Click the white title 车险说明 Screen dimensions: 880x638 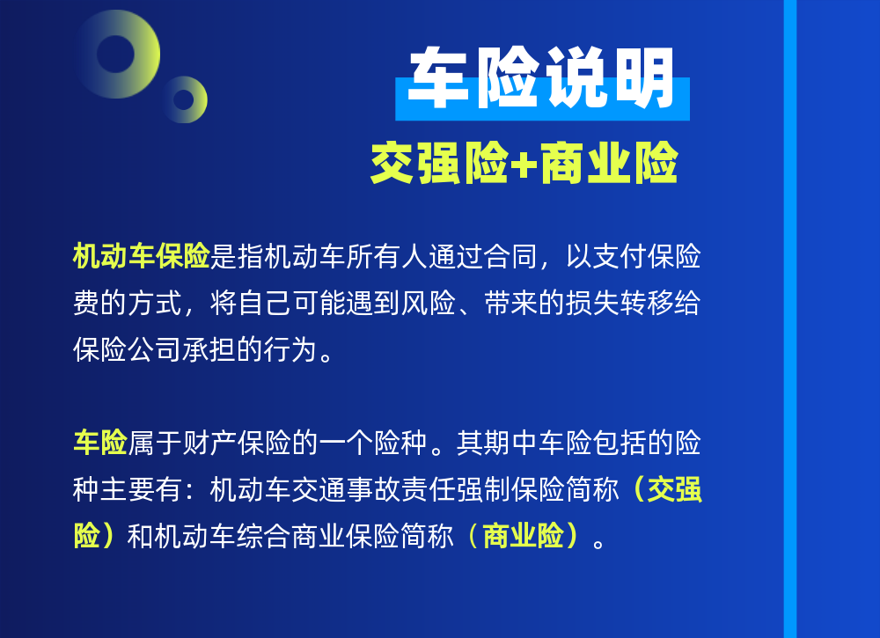pyautogui.click(x=542, y=77)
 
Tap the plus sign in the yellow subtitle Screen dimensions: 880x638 pyautogui.click(x=524, y=165)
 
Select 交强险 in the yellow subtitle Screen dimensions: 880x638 pyautogui.click(x=440, y=163)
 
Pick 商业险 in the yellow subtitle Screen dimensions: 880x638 pyautogui.click(x=608, y=163)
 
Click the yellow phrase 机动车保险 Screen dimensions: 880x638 pyautogui.click(x=142, y=256)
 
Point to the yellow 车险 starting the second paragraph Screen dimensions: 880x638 pyautogui.click(x=100, y=443)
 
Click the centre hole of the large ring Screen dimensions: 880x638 pyautogui.click(x=115, y=54)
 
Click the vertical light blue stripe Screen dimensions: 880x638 pyautogui.click(x=790, y=319)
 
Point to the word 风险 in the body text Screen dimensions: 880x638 pyautogui.click(x=429, y=303)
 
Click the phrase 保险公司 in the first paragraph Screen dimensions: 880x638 pyautogui.click(x=128, y=349)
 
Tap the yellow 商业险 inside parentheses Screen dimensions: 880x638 pyautogui.click(x=523, y=536)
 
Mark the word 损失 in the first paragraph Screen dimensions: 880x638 pyautogui.click(x=592, y=303)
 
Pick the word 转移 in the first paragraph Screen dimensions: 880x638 pyautogui.click(x=647, y=303)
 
